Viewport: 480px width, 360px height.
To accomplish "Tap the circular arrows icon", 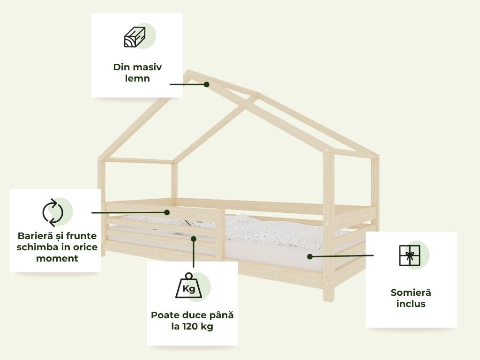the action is pyautogui.click(x=52, y=212).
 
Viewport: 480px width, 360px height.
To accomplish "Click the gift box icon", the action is pyautogui.click(x=409, y=255).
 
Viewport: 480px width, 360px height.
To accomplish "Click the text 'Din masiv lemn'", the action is pyautogui.click(x=137, y=73).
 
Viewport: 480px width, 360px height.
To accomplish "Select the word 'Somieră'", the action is pyautogui.click(x=411, y=292).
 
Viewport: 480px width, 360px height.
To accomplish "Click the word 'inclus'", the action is pyautogui.click(x=411, y=304).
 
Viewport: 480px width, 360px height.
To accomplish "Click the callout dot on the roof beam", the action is pyautogui.click(x=206, y=84).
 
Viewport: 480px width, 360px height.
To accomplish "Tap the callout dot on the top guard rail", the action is pyautogui.click(x=166, y=212).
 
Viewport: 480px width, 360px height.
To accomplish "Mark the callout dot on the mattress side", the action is pyautogui.click(x=310, y=256).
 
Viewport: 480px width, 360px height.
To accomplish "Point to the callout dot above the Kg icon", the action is pyautogui.click(x=193, y=239).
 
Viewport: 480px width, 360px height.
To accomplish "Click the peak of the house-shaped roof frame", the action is pyautogui.click(x=189, y=72).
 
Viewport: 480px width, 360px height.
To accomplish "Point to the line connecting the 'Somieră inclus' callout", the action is pyautogui.click(x=342, y=256).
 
